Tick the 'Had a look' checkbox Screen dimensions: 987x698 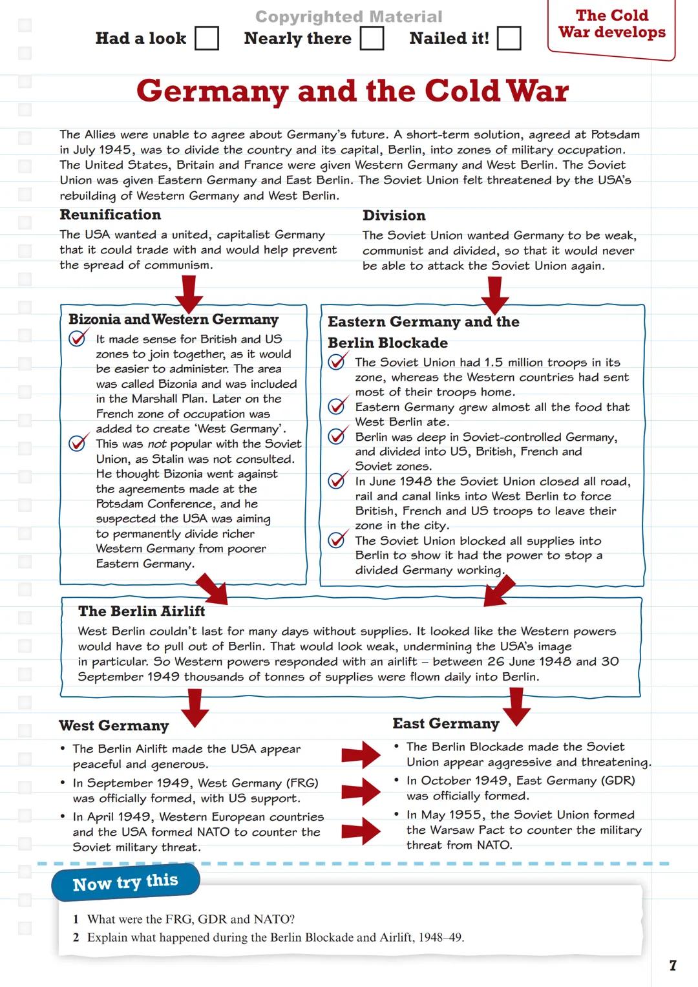coord(207,38)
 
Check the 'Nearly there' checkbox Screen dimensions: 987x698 coord(372,38)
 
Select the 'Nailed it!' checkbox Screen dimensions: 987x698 coord(509,38)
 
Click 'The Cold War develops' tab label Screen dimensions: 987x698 coord(611,24)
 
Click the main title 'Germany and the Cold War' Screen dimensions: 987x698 coord(352,91)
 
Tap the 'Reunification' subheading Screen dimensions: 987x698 coord(110,215)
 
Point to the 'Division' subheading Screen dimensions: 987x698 coord(394,215)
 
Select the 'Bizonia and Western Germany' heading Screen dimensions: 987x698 coord(173,319)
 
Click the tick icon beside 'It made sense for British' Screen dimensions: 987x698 coord(78,338)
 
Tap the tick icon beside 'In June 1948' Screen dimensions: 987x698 coord(337,480)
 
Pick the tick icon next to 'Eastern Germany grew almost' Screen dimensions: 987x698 coord(337,406)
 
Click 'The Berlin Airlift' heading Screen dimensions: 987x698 coord(142,611)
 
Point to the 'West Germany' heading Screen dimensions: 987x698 coord(114,726)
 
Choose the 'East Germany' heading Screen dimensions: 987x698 coord(446,723)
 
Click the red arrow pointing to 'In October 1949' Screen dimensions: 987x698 coord(361,791)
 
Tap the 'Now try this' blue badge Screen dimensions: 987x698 coord(125,882)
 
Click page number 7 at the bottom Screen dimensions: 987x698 coord(673,965)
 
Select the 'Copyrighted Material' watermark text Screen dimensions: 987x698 coord(349,17)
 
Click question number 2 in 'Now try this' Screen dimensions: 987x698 coord(76,937)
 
